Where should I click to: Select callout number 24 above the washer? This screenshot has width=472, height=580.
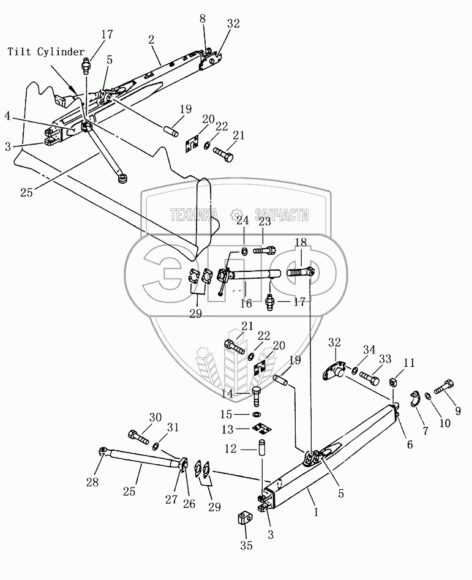[x=243, y=220]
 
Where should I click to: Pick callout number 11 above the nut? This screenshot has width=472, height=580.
[x=408, y=363]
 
